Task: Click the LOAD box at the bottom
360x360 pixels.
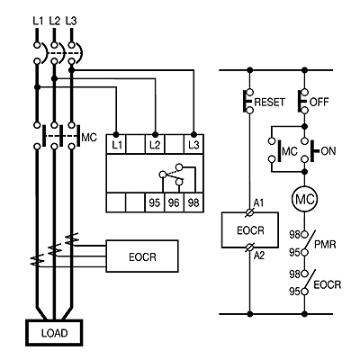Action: click(x=54, y=332)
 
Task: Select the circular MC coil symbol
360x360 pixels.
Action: click(x=304, y=199)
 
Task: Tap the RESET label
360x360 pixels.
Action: click(x=269, y=102)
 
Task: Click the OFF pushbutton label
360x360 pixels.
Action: click(x=319, y=102)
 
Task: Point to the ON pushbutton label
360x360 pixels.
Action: click(x=328, y=151)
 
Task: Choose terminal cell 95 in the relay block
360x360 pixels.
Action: click(x=155, y=202)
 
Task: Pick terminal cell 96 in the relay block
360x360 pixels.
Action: click(x=174, y=202)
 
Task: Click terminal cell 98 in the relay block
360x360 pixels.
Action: click(x=193, y=202)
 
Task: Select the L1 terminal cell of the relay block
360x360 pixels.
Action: click(x=116, y=144)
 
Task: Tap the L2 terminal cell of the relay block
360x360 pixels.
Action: click(x=155, y=144)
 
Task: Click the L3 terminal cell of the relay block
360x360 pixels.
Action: click(x=193, y=144)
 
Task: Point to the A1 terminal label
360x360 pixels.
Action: click(x=258, y=203)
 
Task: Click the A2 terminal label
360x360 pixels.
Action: click(x=259, y=256)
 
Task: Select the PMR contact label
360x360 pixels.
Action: click(x=325, y=245)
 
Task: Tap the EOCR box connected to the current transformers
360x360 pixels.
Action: click(x=142, y=256)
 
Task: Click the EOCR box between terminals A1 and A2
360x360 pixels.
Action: click(x=250, y=230)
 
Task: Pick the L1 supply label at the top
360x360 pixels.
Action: click(x=38, y=21)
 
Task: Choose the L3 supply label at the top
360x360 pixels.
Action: click(x=71, y=21)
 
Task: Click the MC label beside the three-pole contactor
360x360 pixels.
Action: click(x=89, y=138)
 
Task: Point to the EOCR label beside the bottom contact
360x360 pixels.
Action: click(x=328, y=284)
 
